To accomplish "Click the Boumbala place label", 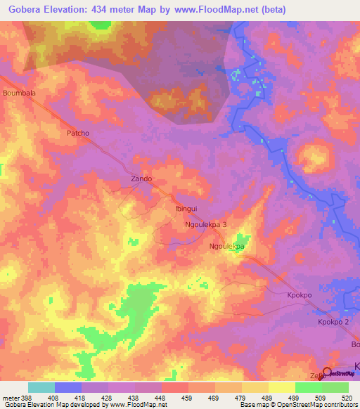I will pos(19,92).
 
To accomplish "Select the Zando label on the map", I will pos(141,178).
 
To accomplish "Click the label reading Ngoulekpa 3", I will pos(205,224).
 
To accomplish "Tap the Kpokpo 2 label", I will pos(333,321).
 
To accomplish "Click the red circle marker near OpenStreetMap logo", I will pos(326,372).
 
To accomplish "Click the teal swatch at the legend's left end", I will pos(41,387).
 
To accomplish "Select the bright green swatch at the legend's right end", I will pos(335,387).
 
